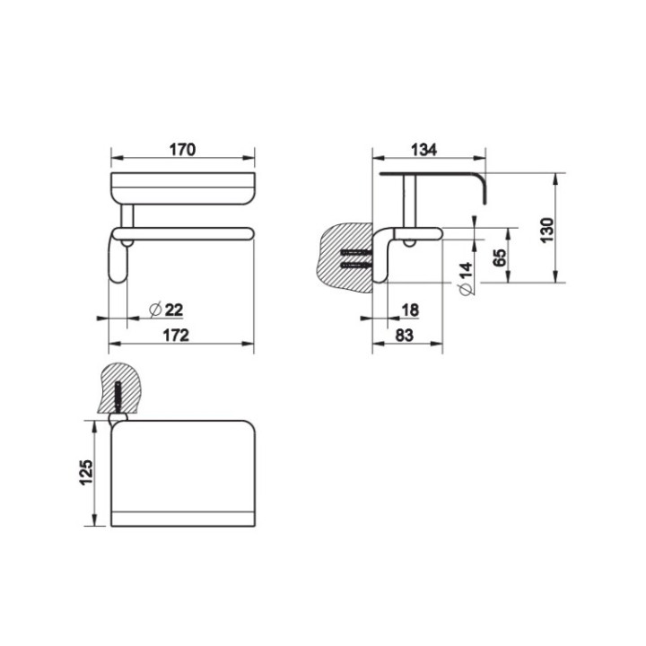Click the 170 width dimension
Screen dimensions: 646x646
click(x=182, y=150)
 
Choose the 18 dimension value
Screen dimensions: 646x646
click(x=411, y=310)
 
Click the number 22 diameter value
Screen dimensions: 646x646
click(x=173, y=310)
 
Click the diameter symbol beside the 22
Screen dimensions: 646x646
click(x=154, y=310)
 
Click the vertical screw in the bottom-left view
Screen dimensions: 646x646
click(x=116, y=394)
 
